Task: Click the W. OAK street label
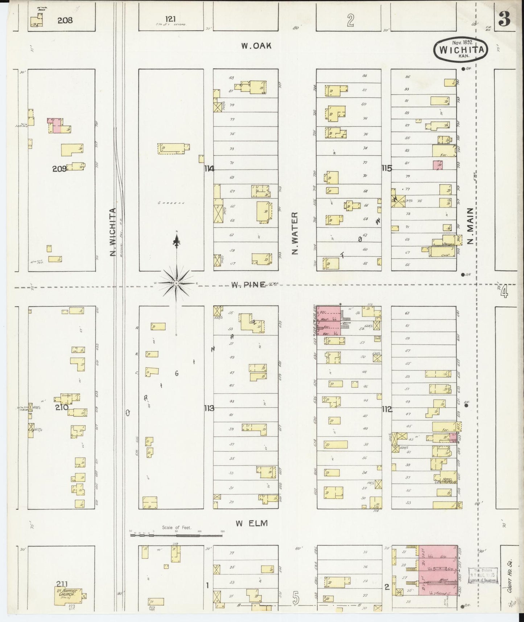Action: coord(256,46)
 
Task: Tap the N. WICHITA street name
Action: coord(113,232)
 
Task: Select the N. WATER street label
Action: coord(295,233)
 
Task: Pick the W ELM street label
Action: coord(251,523)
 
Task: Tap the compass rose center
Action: coord(176,283)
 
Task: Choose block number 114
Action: coord(209,168)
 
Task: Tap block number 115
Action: coord(387,168)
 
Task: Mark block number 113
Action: coord(209,408)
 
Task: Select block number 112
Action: coord(387,409)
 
